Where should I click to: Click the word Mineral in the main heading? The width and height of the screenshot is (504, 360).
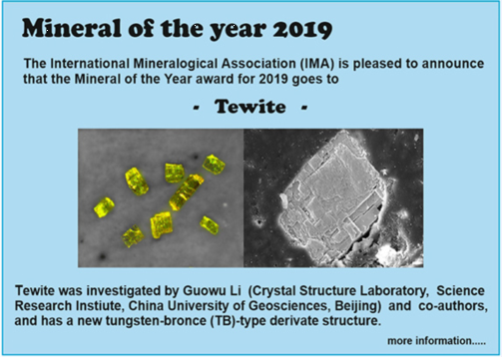pyautogui.click(x=72, y=28)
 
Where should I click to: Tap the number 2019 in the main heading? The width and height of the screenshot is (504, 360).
pyautogui.click(x=302, y=29)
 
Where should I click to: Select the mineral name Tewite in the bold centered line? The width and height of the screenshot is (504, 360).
pyautogui.click(x=251, y=107)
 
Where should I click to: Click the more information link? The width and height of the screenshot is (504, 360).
pyautogui.click(x=436, y=341)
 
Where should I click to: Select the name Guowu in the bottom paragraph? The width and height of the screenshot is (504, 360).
pyautogui.click(x=203, y=290)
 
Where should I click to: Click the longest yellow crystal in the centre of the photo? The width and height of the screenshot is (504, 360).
pyautogui.click(x=186, y=192)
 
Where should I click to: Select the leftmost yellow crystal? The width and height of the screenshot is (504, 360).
pyautogui.click(x=104, y=207)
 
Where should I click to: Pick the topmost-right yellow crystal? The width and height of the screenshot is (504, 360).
pyautogui.click(x=214, y=165)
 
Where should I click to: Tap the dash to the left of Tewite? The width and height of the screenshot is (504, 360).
pyautogui.click(x=197, y=108)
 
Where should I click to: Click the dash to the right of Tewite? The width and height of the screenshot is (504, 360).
pyautogui.click(x=304, y=108)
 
